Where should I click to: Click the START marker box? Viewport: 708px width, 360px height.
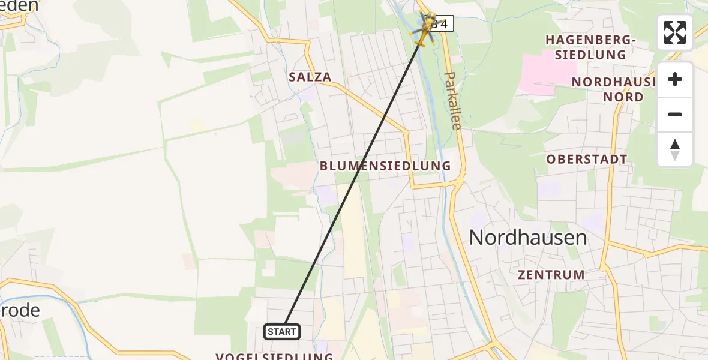click(x=282, y=331)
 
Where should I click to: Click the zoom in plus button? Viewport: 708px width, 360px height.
click(x=675, y=79)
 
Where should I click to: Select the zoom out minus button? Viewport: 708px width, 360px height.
click(x=675, y=114)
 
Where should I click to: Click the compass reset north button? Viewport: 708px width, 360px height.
click(x=675, y=149)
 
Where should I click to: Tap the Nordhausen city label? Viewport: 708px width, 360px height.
click(x=527, y=238)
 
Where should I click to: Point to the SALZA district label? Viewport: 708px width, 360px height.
click(x=310, y=77)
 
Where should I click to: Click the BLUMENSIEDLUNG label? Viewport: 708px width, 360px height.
click(x=385, y=166)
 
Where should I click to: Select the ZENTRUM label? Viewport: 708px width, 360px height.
click(x=551, y=275)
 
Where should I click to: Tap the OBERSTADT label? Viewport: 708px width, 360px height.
click(x=586, y=160)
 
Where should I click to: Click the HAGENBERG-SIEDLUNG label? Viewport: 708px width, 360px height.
click(x=590, y=47)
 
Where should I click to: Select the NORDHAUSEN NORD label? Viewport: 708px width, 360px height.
click(x=607, y=89)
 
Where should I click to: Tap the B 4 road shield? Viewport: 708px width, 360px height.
click(x=443, y=24)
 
